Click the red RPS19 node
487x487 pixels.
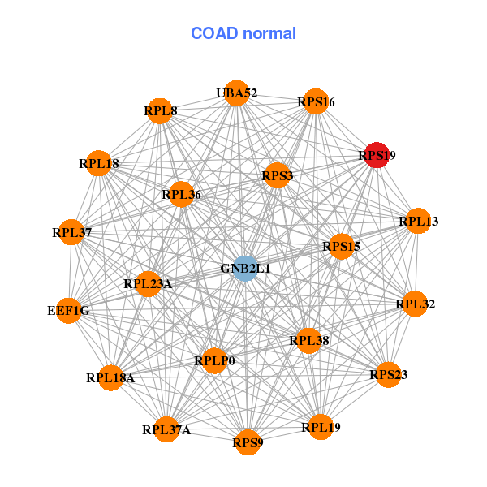[x=377, y=155]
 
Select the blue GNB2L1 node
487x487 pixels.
[x=245, y=269]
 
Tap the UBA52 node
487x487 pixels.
[x=237, y=93]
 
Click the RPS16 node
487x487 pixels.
[x=316, y=101]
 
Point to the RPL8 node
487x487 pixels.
[x=160, y=111]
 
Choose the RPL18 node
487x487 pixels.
[x=99, y=163]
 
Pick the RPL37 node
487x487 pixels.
[x=71, y=232]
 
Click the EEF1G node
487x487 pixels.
[x=69, y=311]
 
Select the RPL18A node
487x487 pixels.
[x=110, y=378]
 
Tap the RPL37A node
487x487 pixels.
[x=166, y=429]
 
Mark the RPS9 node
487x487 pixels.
[x=248, y=442]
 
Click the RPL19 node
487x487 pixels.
[x=321, y=427]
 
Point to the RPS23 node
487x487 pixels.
[x=388, y=374]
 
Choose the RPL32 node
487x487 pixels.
[x=415, y=304]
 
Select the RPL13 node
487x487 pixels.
[x=418, y=221]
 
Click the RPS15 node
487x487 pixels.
[x=342, y=246]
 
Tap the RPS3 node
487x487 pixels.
[x=277, y=175]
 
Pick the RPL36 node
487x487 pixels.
[x=181, y=195]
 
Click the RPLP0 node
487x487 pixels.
[x=214, y=360]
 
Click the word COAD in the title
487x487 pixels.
[x=214, y=33]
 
